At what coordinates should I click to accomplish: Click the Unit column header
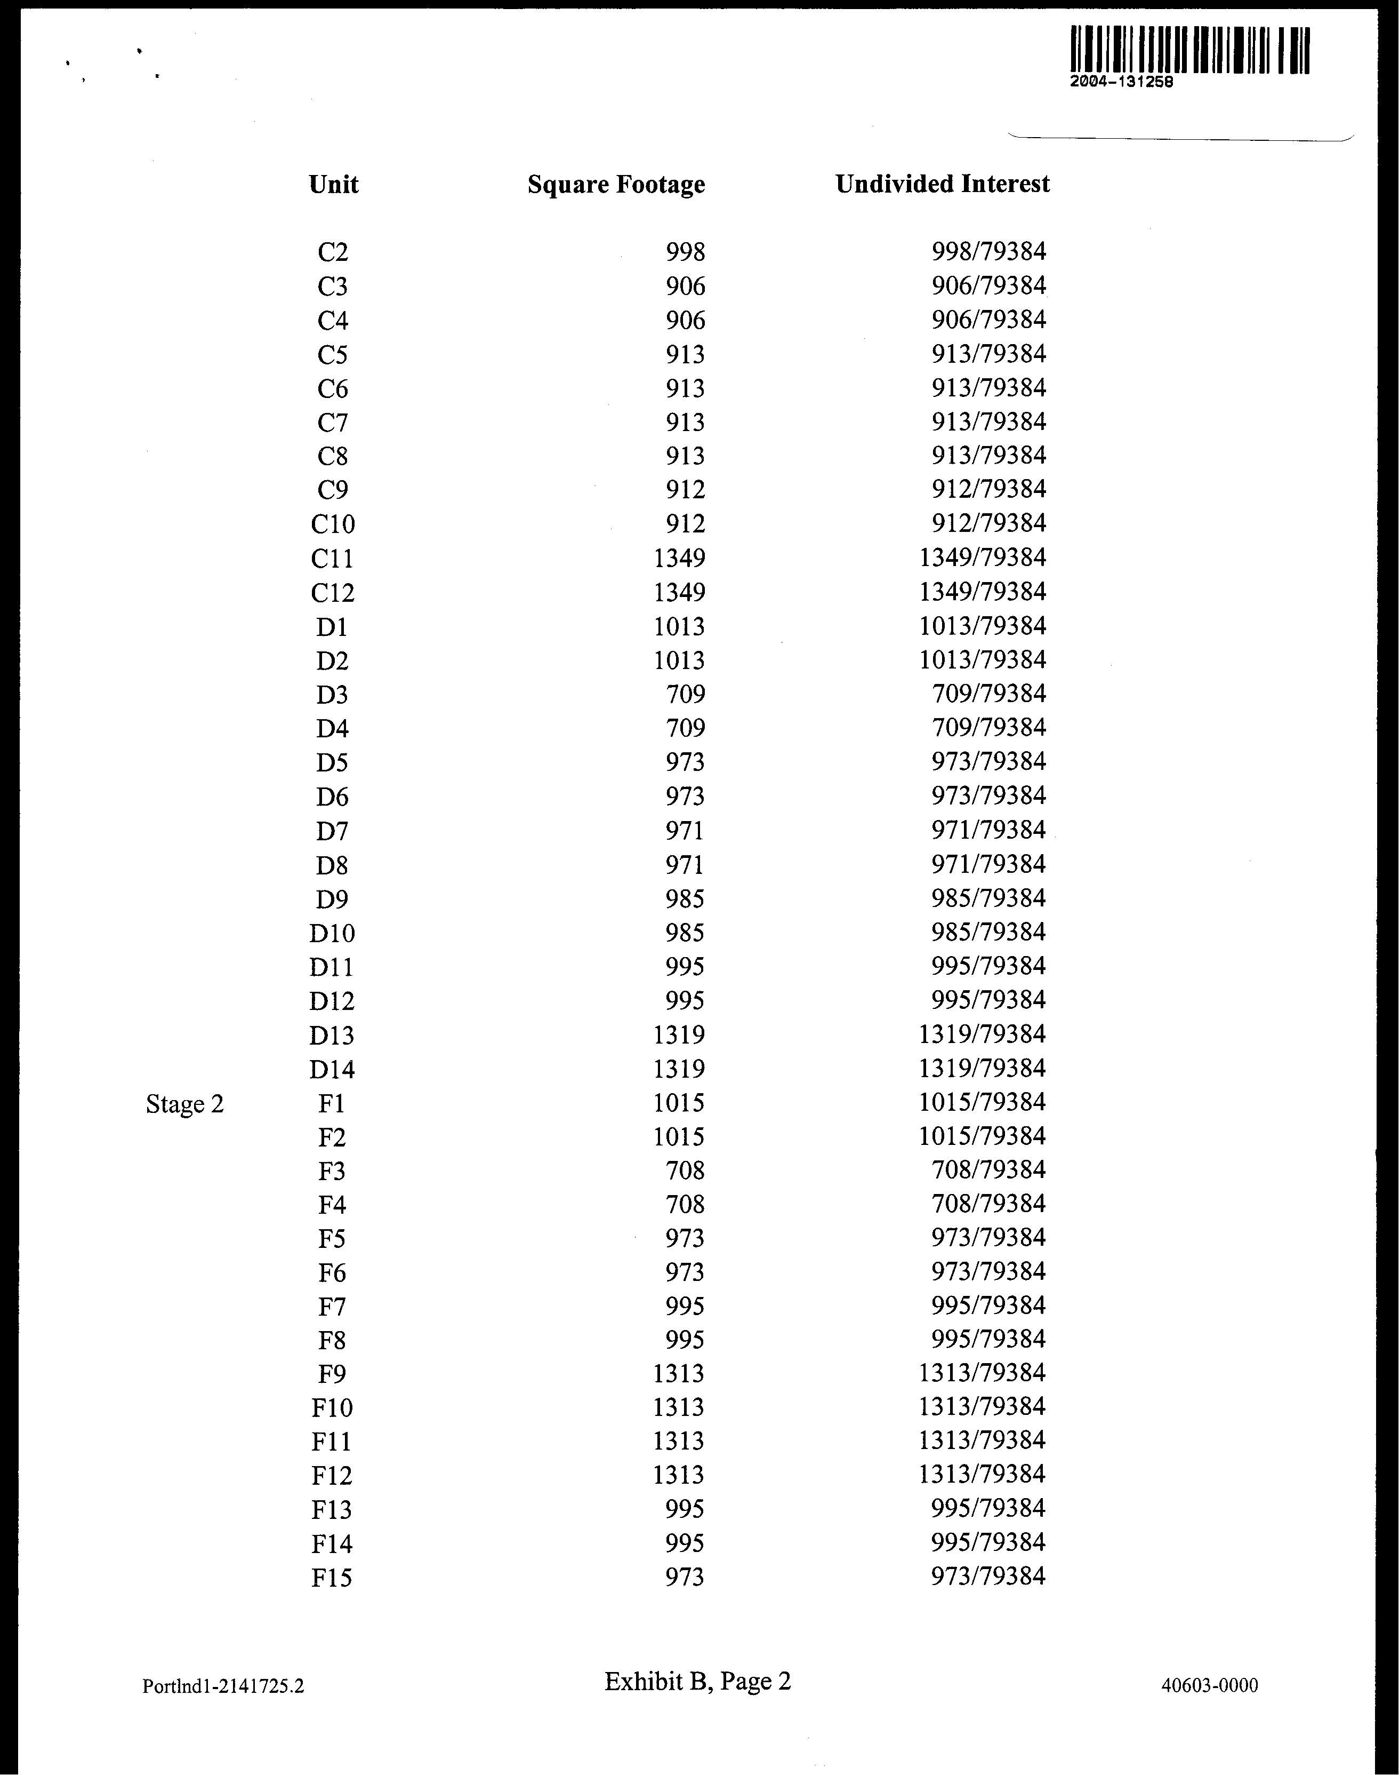[x=333, y=185]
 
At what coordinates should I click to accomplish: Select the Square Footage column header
[x=616, y=185]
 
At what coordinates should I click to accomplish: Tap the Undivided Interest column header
[x=942, y=185]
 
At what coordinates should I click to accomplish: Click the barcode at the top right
[x=1189, y=50]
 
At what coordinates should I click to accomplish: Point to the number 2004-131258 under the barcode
[x=1121, y=82]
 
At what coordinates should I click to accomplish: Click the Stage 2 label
[x=184, y=1105]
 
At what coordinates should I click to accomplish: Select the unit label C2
[x=333, y=252]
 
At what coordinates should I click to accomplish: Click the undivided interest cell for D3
[x=988, y=694]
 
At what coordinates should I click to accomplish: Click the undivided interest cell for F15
[x=988, y=1576]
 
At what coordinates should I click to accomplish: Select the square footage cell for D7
[x=685, y=831]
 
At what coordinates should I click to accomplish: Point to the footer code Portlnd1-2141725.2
[x=223, y=1686]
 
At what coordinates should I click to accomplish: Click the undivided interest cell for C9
[x=988, y=489]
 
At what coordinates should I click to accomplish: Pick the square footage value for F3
[x=685, y=1170]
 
